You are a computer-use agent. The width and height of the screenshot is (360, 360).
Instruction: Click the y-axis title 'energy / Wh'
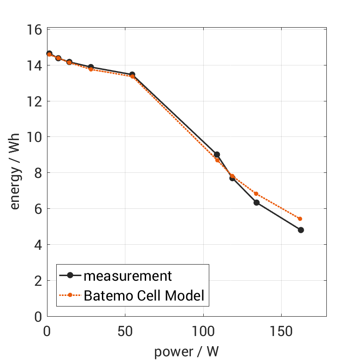15,172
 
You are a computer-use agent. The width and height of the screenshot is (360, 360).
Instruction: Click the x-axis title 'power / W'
186,352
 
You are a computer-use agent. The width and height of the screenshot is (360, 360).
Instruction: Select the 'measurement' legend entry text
128,276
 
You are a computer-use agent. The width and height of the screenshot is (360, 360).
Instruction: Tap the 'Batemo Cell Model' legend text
144,295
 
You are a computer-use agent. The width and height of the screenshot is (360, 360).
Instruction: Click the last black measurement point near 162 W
301,230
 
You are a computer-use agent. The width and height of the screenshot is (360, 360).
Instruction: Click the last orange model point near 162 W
300,219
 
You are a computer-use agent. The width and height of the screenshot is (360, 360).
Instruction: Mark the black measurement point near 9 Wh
217,154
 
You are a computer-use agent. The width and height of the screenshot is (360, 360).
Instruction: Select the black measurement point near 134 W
256,202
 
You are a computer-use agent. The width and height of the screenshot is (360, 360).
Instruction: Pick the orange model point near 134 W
256,194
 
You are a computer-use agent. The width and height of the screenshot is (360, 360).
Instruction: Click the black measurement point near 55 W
132,74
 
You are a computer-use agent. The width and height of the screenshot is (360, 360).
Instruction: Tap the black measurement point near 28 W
91,67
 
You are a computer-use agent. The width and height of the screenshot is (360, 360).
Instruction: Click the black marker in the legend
70,276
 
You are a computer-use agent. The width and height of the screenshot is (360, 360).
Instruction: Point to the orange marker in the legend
70,295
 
